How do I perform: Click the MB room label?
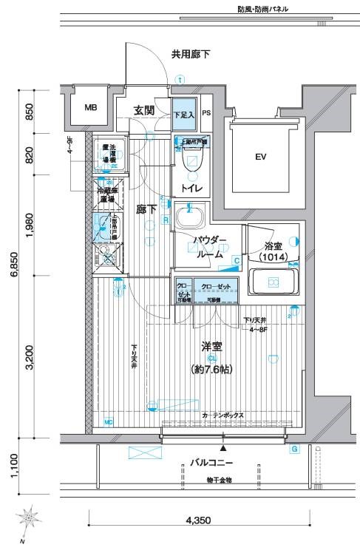(x=90, y=108)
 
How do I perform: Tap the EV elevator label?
(x=260, y=157)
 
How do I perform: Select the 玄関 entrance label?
(x=144, y=110)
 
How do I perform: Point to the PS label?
(x=206, y=114)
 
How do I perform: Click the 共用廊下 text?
(x=190, y=54)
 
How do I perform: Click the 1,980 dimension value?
(x=29, y=225)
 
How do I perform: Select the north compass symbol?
(x=30, y=519)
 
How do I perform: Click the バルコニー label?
(x=211, y=464)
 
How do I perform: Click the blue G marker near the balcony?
(x=294, y=449)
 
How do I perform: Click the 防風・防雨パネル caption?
(x=253, y=10)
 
